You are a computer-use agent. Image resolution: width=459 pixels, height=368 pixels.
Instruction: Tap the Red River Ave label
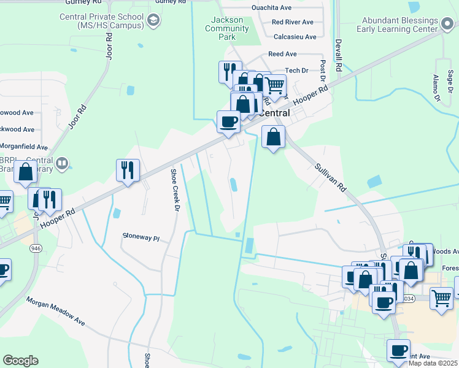tap(293, 22)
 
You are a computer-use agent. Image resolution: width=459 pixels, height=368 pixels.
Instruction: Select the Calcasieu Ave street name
tap(295, 37)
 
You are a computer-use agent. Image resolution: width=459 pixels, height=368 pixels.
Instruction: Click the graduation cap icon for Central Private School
tap(153, 21)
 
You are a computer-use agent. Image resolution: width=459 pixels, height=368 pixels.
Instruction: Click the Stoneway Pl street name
tap(141, 236)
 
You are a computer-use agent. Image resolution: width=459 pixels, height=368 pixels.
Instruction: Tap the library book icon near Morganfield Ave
tap(61, 163)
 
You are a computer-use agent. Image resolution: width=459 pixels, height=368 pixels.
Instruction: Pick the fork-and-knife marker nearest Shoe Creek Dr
tap(128, 169)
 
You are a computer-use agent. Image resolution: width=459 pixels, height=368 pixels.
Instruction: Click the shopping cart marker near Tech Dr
tap(275, 85)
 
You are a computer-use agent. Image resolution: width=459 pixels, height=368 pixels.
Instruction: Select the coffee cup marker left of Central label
tap(228, 121)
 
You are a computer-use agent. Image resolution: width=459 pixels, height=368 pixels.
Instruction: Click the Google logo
tap(20, 360)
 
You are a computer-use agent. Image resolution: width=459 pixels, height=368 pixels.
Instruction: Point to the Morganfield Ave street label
tap(25, 147)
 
